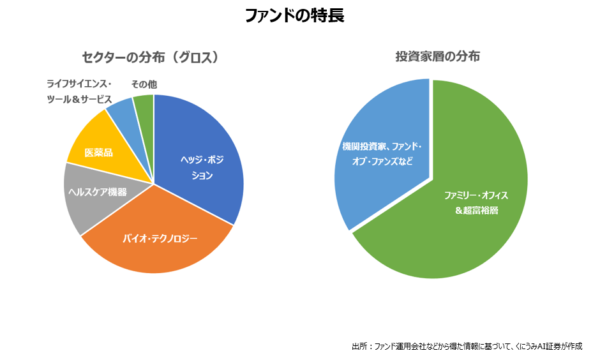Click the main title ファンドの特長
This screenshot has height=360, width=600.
point(294,16)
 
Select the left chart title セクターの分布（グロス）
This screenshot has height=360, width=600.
point(151,57)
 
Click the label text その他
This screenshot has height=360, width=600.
point(144,84)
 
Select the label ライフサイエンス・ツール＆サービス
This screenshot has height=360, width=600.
point(79,92)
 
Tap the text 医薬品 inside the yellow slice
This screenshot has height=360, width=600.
point(98,153)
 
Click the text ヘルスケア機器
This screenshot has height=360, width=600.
point(97,192)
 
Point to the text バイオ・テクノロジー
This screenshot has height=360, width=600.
point(160,239)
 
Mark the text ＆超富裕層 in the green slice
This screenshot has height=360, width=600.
point(476,210)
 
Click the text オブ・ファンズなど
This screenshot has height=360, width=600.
point(382,161)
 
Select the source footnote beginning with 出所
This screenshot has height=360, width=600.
point(467,346)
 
